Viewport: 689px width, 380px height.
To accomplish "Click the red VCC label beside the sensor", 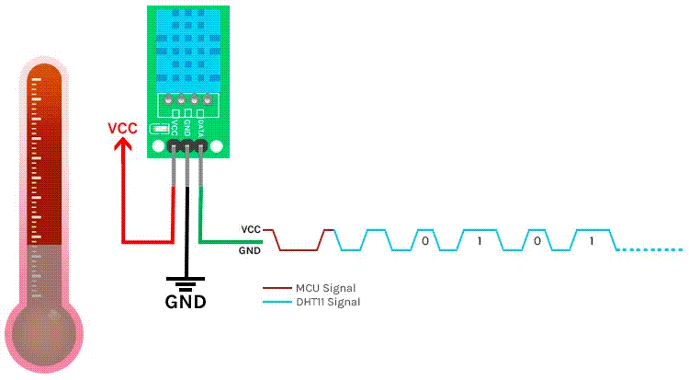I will pos(122,128).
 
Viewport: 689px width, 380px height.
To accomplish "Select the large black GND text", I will pos(185,302).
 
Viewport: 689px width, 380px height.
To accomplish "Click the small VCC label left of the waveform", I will pos(251,228).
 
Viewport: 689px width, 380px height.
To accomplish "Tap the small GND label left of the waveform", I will pos(250,249).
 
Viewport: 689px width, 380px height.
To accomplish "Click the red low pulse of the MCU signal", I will pos(298,249).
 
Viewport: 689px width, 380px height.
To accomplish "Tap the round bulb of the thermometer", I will pos(44,332).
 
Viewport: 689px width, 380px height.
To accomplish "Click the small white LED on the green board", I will pos(158,130).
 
